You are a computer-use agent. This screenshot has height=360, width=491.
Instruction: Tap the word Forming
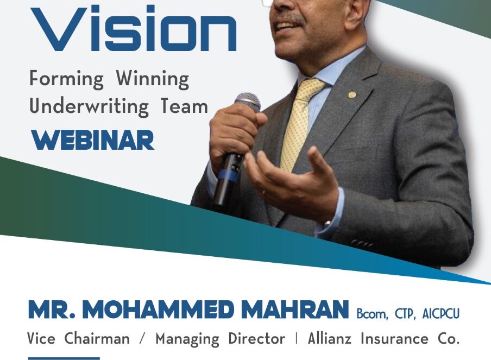pos(66,79)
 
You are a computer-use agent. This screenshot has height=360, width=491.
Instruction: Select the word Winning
pos(153,79)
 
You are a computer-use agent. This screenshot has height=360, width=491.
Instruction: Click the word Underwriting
pos(89,107)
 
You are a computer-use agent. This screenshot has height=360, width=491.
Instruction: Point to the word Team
pos(185,106)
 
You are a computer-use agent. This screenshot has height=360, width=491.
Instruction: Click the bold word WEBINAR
pos(93,140)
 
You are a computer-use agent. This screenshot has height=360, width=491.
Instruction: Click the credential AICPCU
pos(440,313)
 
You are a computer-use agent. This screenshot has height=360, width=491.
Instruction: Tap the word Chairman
pos(97,339)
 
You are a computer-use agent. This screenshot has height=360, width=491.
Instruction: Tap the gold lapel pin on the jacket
pos(352,94)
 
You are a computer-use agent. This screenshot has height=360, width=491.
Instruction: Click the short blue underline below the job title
pos(64,358)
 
